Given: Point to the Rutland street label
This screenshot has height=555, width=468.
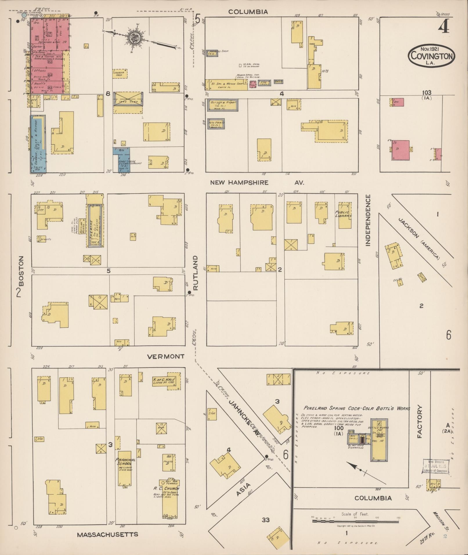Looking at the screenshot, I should coord(195,273).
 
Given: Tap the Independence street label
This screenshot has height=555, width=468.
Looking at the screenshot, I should coord(368,220).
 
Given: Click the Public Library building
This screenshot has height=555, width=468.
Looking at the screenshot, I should coord(344,216).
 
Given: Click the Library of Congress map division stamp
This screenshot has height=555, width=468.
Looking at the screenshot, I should coord(436,467).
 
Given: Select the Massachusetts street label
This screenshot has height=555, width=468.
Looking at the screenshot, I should coord(107,534).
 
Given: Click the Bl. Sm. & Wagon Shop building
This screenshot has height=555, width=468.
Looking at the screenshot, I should coord(226,84).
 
